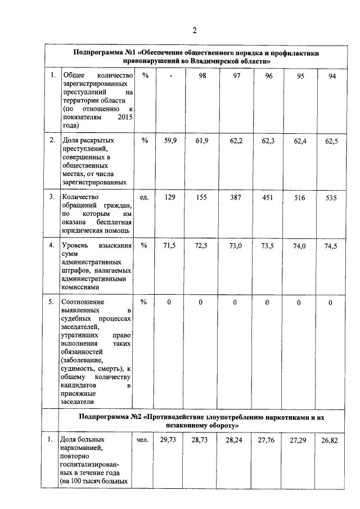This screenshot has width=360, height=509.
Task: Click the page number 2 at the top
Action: click(193, 30)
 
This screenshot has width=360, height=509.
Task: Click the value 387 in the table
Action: click(235, 197)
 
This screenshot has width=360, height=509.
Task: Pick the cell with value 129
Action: click(170, 197)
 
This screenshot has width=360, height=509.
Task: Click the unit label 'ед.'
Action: click(144, 197)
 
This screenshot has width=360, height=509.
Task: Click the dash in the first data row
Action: click(170, 76)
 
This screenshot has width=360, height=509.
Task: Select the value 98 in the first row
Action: click(202, 76)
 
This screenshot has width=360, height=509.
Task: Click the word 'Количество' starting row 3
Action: click(80, 197)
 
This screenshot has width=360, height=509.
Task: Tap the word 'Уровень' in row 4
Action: click(76, 245)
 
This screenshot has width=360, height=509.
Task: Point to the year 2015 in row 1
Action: click(124, 118)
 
